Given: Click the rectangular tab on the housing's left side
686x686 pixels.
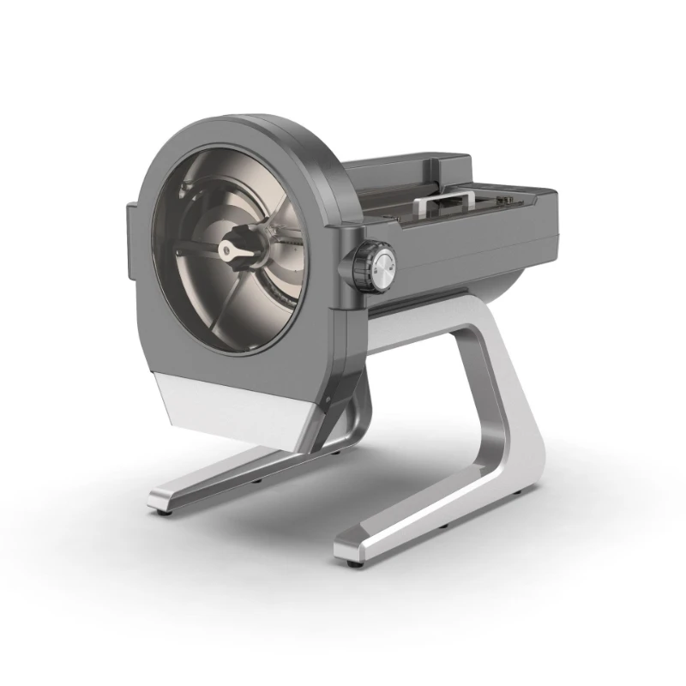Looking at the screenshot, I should tap(133, 244).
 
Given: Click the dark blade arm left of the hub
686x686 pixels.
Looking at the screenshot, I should tap(196, 250).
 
